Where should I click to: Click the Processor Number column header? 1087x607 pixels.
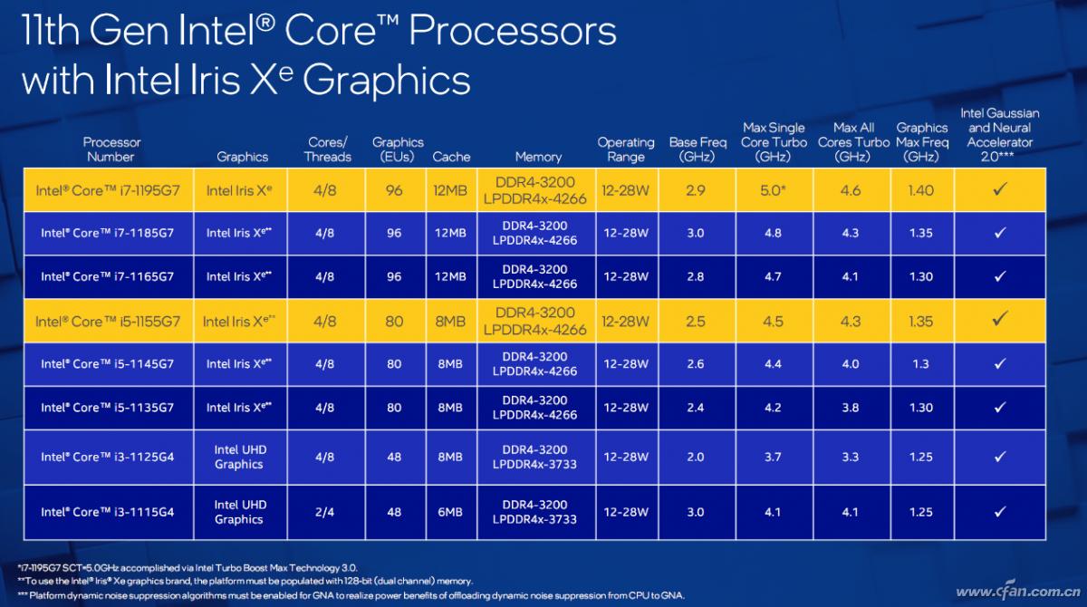pyautogui.click(x=111, y=149)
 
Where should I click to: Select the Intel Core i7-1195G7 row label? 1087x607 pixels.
pyautogui.click(x=108, y=190)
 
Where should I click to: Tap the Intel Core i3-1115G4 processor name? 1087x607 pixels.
pyautogui.click(x=107, y=512)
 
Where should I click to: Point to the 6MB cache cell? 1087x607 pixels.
pyautogui.click(x=450, y=512)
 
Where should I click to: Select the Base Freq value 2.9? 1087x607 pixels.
pyautogui.click(x=695, y=190)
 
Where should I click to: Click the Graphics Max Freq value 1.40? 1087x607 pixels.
pyautogui.click(x=920, y=190)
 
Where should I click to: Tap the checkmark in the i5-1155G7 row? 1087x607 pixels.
pyautogui.click(x=1000, y=319)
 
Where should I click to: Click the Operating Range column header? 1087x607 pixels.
pyautogui.click(x=625, y=149)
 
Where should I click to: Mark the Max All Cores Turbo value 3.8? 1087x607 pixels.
pyautogui.click(x=850, y=408)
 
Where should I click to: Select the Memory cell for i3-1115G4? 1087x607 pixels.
pyautogui.click(x=534, y=512)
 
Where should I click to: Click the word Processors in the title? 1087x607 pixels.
pyautogui.click(x=513, y=33)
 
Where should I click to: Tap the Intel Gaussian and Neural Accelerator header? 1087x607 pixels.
pyautogui.click(x=1000, y=135)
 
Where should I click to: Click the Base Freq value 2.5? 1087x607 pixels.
pyautogui.click(x=695, y=322)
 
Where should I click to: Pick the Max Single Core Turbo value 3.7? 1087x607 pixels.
pyautogui.click(x=773, y=457)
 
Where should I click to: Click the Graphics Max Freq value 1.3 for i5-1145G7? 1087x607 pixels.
pyautogui.click(x=920, y=364)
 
